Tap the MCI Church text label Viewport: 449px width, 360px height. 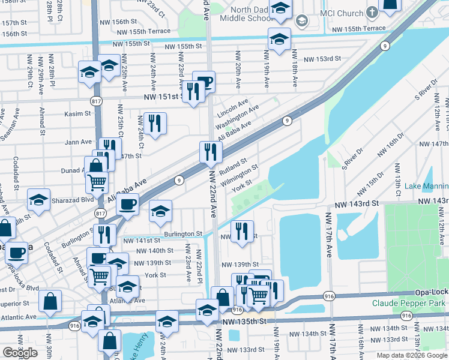click(342, 13)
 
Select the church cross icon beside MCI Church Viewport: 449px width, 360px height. click(372, 12)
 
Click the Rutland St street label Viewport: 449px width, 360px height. click(233, 164)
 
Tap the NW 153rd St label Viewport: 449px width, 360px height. click(322, 59)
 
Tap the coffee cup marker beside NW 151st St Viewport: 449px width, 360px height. click(204, 81)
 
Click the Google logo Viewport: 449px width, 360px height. click(20, 353)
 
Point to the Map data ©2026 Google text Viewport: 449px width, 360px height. click(412, 355)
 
